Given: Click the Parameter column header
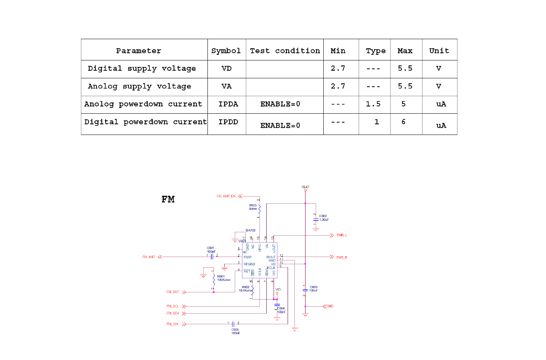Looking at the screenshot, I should click(x=139, y=51).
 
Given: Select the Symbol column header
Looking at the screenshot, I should click(x=226, y=51).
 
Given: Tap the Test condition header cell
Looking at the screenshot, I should click(x=285, y=51).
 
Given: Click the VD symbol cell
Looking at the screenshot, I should click(x=226, y=68).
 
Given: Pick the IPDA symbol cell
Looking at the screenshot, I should click(x=228, y=104).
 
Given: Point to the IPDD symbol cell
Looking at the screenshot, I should click(x=228, y=122).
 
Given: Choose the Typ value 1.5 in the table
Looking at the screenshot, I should click(x=373, y=104).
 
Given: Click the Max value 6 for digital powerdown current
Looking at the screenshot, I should click(x=404, y=122).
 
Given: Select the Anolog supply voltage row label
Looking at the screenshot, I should click(x=139, y=86).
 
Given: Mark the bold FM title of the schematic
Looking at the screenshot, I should click(x=168, y=200).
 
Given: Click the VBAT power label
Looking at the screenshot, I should click(x=305, y=187).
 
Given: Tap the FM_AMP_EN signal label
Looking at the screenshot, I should click(x=226, y=196).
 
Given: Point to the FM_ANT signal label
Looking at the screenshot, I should click(x=149, y=257).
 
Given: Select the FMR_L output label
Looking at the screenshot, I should click(x=342, y=235).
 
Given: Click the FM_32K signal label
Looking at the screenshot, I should click(x=173, y=324).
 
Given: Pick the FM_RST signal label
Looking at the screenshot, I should click(x=173, y=292).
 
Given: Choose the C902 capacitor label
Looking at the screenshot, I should click(x=323, y=216).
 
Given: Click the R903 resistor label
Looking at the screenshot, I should click(x=253, y=205).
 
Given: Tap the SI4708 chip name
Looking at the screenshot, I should click(x=250, y=230).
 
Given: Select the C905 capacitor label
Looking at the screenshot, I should click(x=235, y=330).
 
